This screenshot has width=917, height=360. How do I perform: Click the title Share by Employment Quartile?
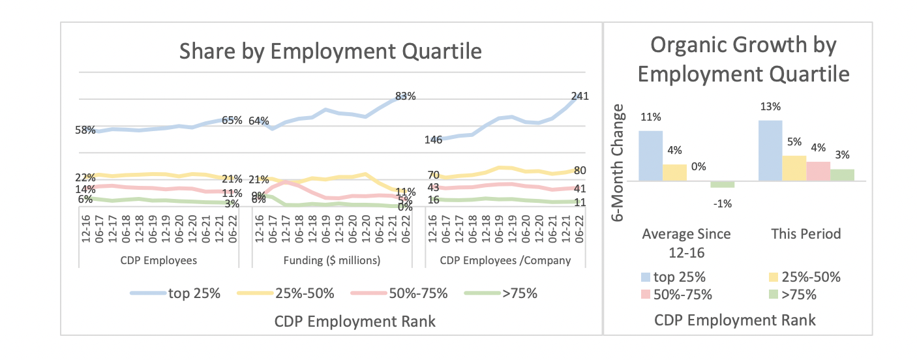point(331,51)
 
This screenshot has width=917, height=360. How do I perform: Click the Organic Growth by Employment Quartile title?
point(744,60)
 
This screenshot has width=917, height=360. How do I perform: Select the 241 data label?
point(580,97)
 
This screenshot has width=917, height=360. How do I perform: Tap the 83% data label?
point(405,97)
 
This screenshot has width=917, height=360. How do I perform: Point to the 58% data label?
point(85,130)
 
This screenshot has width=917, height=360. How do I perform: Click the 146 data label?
point(434,140)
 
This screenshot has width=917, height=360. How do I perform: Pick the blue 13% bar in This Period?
point(770,150)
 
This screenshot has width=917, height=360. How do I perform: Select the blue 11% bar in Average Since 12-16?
point(650,155)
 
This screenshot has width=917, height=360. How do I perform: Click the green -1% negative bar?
point(722,185)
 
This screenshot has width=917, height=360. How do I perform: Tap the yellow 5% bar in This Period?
point(794,168)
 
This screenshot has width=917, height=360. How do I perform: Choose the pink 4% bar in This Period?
point(818,171)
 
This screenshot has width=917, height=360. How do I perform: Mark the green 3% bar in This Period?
point(842,175)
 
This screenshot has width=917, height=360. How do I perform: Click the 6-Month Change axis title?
point(620,162)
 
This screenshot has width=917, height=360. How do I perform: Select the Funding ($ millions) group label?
point(332,261)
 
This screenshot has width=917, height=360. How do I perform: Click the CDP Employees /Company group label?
point(505,261)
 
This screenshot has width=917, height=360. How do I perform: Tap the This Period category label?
point(806,233)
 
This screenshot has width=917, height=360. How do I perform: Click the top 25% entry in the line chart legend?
point(176,293)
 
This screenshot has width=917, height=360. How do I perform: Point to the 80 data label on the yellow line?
point(580,171)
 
